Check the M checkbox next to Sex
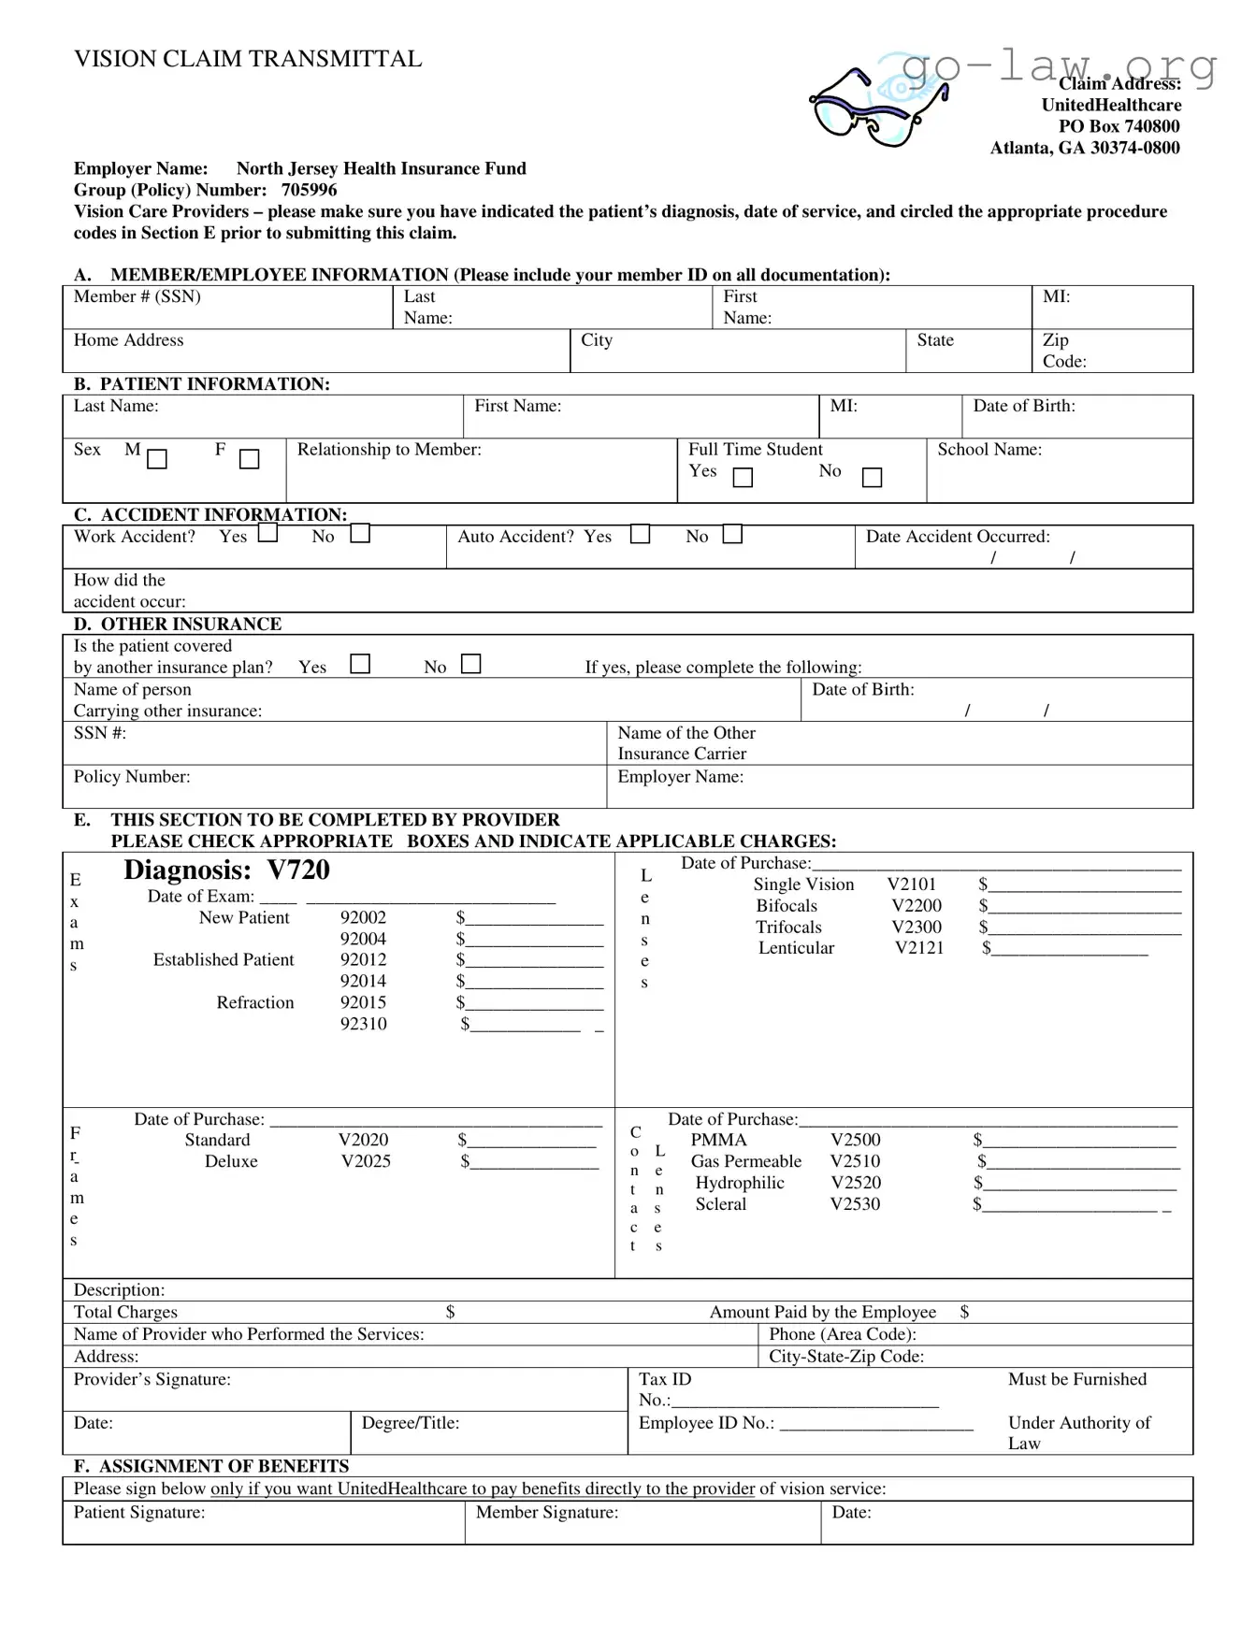[x=157, y=459]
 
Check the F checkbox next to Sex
[x=249, y=459]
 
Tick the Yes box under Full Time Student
[x=743, y=478]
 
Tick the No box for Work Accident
[x=360, y=534]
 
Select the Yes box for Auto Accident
[x=640, y=534]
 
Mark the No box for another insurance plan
[x=471, y=664]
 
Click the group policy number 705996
[x=309, y=190]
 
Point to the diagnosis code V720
[x=298, y=870]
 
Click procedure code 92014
[x=363, y=981]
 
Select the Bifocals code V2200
[x=916, y=905]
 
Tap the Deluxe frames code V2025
[x=365, y=1161]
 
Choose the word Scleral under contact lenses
[x=720, y=1204]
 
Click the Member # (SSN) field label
[x=137, y=296]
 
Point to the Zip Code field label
[x=1063, y=351]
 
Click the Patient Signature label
[x=139, y=1512]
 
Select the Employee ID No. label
[x=706, y=1422]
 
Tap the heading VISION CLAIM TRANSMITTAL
[x=248, y=59]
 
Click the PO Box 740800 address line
[x=1119, y=126]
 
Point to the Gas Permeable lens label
[x=745, y=1161]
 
